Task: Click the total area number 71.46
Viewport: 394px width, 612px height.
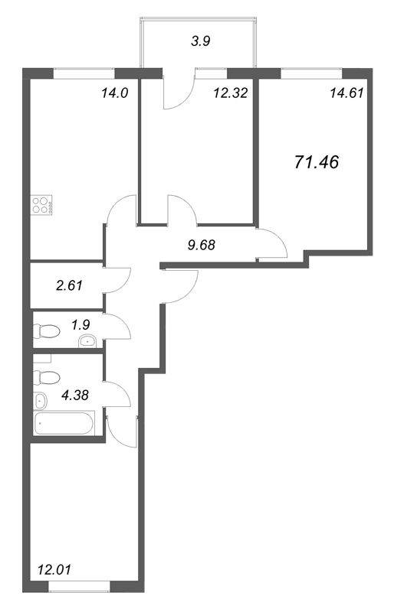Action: [x=317, y=162]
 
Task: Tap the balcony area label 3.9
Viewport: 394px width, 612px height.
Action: [x=200, y=43]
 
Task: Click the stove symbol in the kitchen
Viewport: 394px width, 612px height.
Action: [x=41, y=204]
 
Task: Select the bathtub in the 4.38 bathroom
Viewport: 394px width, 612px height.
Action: [x=64, y=423]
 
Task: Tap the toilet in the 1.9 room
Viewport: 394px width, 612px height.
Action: [x=48, y=331]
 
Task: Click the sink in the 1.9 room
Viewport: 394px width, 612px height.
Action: [x=89, y=341]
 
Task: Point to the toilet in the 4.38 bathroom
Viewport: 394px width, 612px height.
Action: [x=48, y=378]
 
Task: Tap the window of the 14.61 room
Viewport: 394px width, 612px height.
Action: [x=310, y=73]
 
